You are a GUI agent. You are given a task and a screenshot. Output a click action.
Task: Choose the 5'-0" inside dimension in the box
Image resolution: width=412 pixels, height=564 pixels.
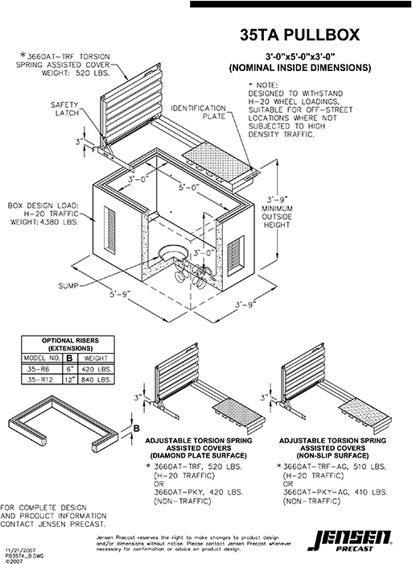tap(191, 186)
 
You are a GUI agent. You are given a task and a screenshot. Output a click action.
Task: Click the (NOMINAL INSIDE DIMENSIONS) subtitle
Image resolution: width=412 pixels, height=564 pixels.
tap(299, 68)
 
